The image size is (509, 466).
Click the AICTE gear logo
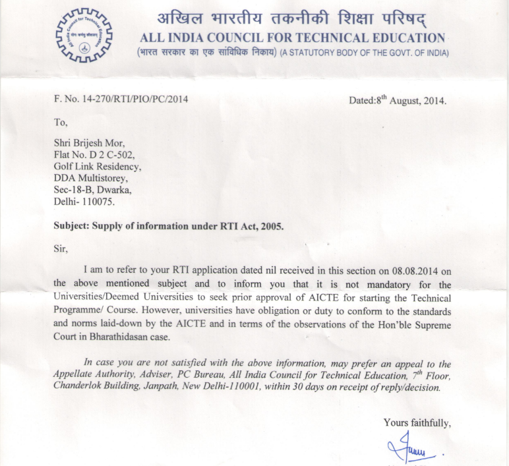[x=84, y=35]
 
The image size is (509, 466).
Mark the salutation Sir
[x=61, y=248]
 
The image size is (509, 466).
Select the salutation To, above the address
[x=61, y=123]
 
